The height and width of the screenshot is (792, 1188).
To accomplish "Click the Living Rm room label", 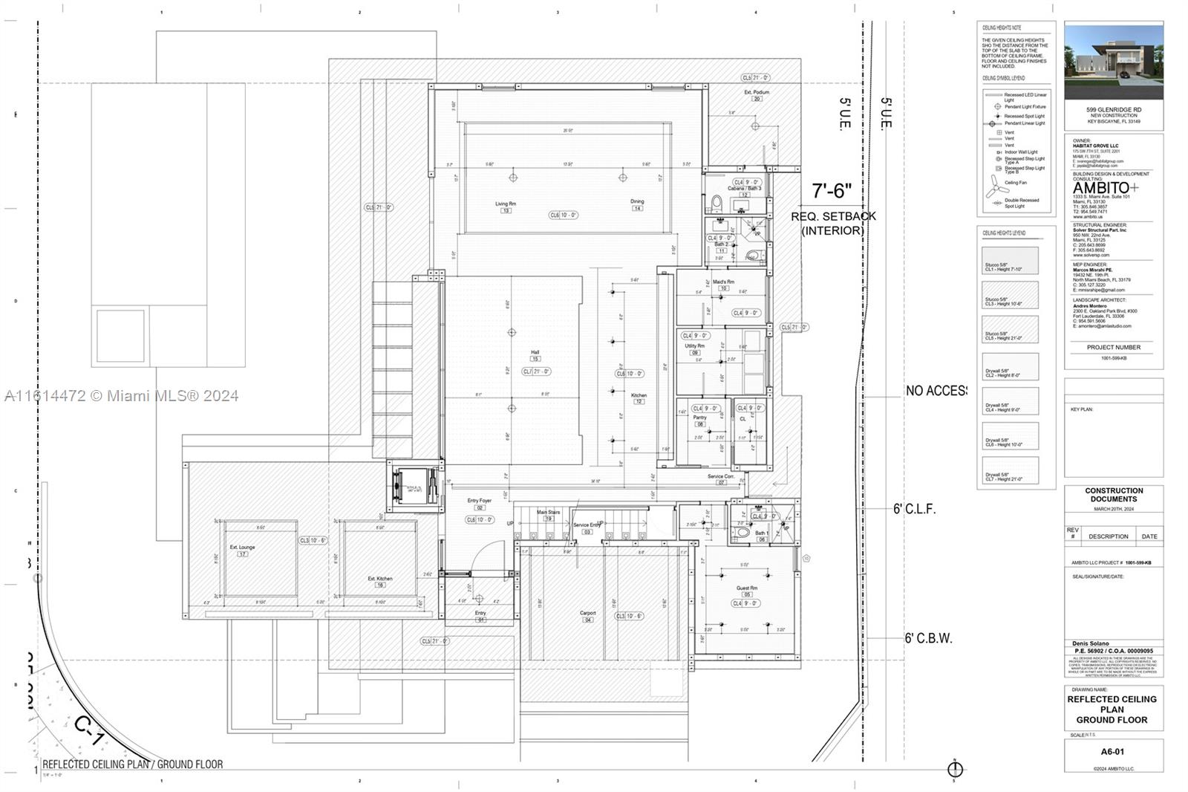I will coord(506,204).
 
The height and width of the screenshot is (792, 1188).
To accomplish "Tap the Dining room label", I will coord(637,201).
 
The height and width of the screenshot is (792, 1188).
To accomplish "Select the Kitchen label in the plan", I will coord(639,395).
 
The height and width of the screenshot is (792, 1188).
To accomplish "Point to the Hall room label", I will coord(535,353).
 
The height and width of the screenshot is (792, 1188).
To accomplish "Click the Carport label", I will coord(587,613).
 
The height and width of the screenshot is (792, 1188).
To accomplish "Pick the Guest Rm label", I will coord(747,588).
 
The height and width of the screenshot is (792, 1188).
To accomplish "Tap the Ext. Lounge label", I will coord(242,548).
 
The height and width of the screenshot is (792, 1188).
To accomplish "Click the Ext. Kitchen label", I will coord(380,579).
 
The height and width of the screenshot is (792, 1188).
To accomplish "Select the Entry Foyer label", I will coord(479,502).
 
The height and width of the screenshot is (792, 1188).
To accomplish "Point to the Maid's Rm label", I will coord(723,282).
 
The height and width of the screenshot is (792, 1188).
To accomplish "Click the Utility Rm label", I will coord(695,346).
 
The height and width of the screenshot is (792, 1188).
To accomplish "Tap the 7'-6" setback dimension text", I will coord(831,192).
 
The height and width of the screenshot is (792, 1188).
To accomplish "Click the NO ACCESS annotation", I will coord(936,391).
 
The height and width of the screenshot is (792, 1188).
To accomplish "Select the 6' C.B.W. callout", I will coord(927,638).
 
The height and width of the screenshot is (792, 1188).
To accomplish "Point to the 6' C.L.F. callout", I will coord(914,510).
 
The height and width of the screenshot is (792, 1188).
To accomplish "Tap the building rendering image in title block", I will coord(1114,61).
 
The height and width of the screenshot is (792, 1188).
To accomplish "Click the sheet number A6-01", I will coord(1112,752).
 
